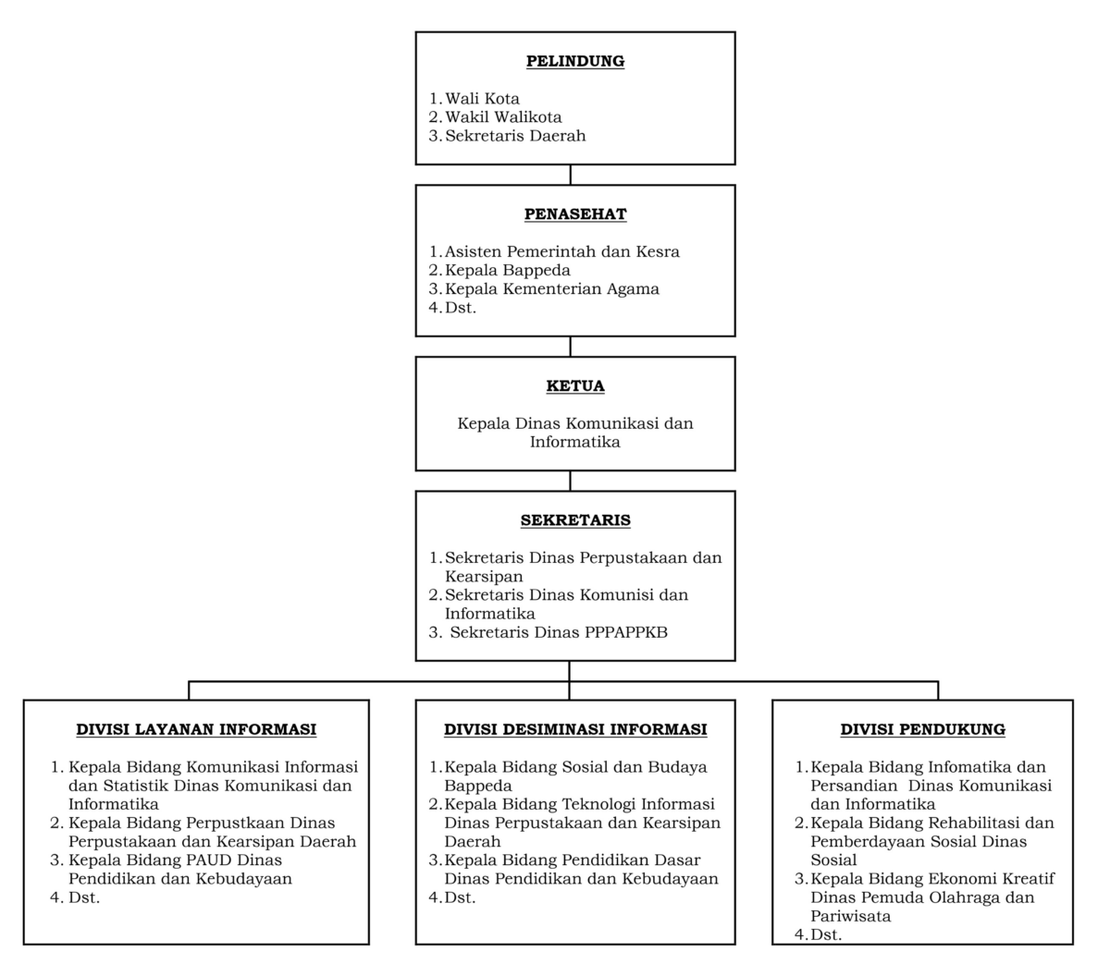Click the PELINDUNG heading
click(574, 61)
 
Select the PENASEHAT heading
click(574, 214)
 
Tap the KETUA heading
click(574, 386)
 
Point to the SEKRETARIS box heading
click(575, 520)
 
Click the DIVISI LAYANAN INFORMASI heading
click(196, 729)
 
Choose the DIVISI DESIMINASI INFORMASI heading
click(575, 729)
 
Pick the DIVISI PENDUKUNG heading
click(922, 729)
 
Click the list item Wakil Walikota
click(503, 117)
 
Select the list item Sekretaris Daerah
click(515, 136)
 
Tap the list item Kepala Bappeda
click(507, 271)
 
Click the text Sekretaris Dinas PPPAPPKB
click(559, 633)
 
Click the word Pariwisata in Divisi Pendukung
click(850, 916)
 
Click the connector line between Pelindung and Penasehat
click(571, 175)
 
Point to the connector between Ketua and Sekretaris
click(571, 481)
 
